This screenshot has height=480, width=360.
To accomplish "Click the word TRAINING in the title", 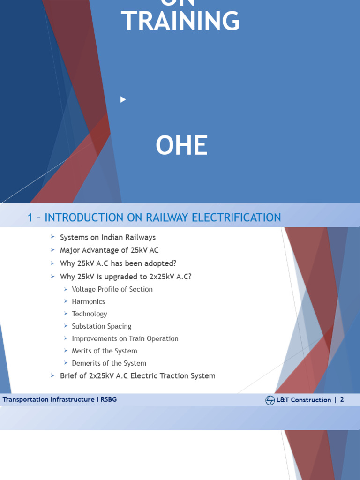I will pyautogui.click(x=180, y=21).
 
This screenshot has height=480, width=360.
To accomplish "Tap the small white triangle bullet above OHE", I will pyautogui.click(x=123, y=99).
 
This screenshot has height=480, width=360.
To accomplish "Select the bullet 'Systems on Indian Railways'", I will pyautogui.click(x=108, y=237).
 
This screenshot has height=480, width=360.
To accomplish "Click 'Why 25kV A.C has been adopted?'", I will pyautogui.click(x=118, y=263).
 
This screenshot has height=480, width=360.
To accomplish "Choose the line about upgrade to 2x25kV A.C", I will pyautogui.click(x=126, y=277).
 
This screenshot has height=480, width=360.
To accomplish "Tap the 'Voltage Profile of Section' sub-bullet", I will pyautogui.click(x=112, y=289).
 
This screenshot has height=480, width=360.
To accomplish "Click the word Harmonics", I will pyautogui.click(x=89, y=301).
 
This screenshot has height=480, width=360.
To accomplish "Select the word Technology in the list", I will pyautogui.click(x=90, y=314).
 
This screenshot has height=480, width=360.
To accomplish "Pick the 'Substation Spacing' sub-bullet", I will pyautogui.click(x=102, y=326).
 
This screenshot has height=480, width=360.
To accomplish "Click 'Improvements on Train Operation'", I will pyautogui.click(x=125, y=338).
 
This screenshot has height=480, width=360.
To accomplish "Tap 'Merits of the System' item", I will pyautogui.click(x=105, y=351).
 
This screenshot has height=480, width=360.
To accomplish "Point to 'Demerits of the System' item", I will pyautogui.click(x=109, y=363).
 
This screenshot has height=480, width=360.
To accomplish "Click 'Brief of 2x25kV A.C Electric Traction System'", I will pyautogui.click(x=138, y=376).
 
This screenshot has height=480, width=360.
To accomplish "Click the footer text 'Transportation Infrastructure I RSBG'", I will pyautogui.click(x=60, y=399).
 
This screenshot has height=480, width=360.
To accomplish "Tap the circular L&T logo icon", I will pyautogui.click(x=270, y=400).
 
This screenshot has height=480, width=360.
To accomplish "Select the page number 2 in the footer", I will pyautogui.click(x=342, y=400).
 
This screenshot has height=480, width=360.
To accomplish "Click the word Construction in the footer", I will pyautogui.click(x=311, y=400).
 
